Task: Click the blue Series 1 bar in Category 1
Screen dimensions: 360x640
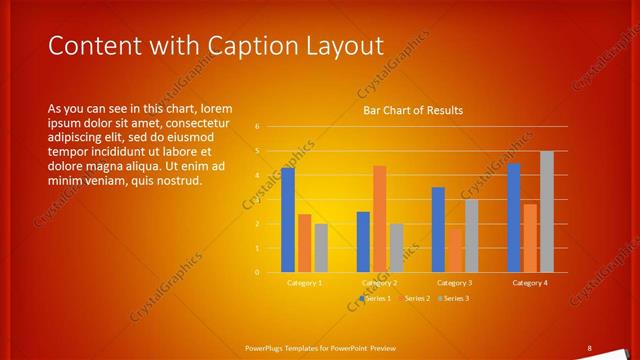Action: pyautogui.click(x=288, y=220)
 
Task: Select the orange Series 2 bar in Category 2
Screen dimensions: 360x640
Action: pyautogui.click(x=380, y=219)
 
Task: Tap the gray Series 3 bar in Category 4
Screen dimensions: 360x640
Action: pyautogui.click(x=546, y=211)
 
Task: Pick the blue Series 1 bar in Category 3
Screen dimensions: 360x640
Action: pyautogui.click(x=438, y=229)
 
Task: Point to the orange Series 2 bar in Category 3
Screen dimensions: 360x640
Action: pyautogui.click(x=455, y=250)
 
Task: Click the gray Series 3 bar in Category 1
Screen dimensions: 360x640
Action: pyautogui.click(x=321, y=247)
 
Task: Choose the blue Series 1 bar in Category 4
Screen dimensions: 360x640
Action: pyautogui.click(x=514, y=218)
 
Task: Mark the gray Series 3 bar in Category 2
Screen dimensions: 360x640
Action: pyautogui.click(x=396, y=247)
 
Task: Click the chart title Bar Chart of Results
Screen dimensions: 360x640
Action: pyautogui.click(x=412, y=110)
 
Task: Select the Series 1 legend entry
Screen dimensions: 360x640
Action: pyautogui.click(x=374, y=298)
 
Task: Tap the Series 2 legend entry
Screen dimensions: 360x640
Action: pyautogui.click(x=414, y=298)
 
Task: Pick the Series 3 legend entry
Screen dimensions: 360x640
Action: pyautogui.click(x=454, y=298)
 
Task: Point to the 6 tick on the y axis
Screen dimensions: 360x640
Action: pyautogui.click(x=257, y=127)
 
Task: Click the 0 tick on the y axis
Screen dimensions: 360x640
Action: pyautogui.click(x=257, y=272)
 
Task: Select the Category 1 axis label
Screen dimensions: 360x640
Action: pyautogui.click(x=304, y=283)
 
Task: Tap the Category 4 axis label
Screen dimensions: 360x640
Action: pyautogui.click(x=530, y=283)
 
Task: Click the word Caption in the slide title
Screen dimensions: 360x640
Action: pyautogui.click(x=248, y=46)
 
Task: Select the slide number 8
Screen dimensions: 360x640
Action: pyautogui.click(x=589, y=347)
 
